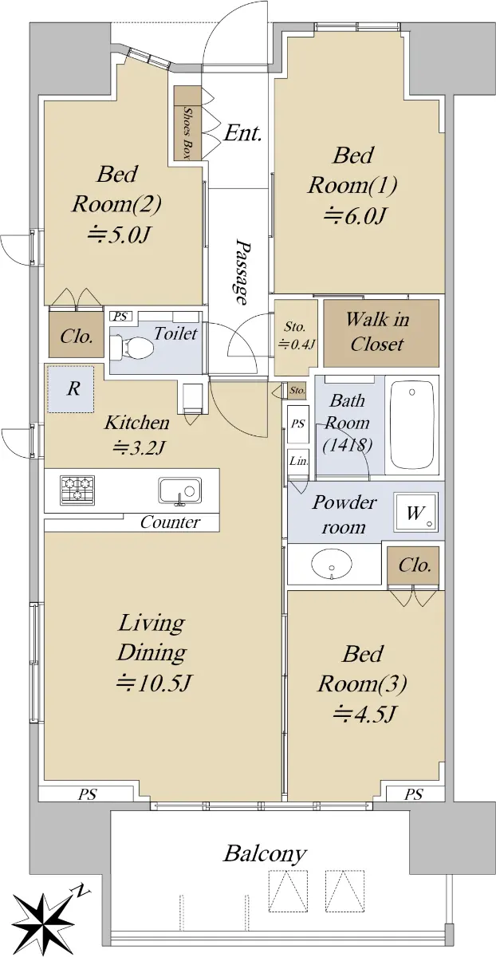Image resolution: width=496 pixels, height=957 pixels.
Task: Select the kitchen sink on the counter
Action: point(180,491)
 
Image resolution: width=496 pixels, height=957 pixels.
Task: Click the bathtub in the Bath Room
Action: point(411,424)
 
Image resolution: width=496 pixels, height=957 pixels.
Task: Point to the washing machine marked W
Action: point(416,512)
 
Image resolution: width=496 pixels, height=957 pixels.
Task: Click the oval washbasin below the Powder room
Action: point(332,564)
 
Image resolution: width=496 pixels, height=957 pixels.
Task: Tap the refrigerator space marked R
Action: point(70,389)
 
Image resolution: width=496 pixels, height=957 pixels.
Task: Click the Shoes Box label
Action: point(187,132)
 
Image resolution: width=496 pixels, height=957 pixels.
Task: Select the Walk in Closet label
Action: point(377,332)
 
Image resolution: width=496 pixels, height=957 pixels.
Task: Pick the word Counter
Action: point(170,522)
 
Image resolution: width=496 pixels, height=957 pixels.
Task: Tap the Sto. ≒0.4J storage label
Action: point(296,336)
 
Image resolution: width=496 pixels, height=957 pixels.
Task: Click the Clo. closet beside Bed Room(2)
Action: point(76,335)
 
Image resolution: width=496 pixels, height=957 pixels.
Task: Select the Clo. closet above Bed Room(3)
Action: point(414,565)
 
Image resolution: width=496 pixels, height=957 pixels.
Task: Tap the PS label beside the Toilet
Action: point(121,317)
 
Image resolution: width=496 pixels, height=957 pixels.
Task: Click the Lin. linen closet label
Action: point(298,462)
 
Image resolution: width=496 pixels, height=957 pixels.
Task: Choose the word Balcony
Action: point(266,854)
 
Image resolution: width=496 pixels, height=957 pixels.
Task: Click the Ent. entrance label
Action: point(242,133)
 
